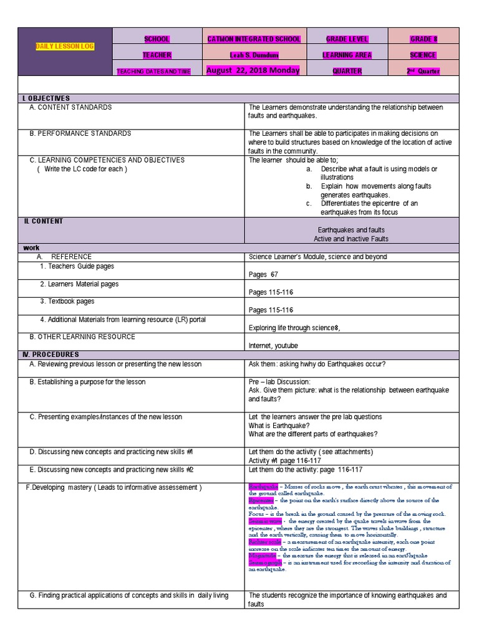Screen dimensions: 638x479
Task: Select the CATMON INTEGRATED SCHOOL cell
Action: pyautogui.click(x=254, y=39)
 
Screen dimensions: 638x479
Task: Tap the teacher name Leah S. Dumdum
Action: pyautogui.click(x=254, y=55)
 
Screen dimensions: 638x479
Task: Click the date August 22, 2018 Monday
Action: pyautogui.click(x=253, y=70)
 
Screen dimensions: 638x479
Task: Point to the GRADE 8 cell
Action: pyautogui.click(x=423, y=39)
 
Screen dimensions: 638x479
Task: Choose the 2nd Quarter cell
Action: pyautogui.click(x=423, y=71)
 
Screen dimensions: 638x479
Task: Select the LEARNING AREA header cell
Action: pyautogui.click(x=347, y=55)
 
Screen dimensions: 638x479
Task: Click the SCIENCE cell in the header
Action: pyautogui.click(x=423, y=55)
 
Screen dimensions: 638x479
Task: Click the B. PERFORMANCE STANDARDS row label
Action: pyautogui.click(x=80, y=133)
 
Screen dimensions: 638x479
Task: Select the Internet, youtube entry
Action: pyautogui.click(x=273, y=345)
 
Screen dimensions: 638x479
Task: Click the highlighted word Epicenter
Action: pyautogui.click(x=261, y=500)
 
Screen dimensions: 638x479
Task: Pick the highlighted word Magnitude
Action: pyautogui.click(x=262, y=555)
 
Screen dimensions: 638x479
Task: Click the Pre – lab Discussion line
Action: pyautogui.click(x=279, y=381)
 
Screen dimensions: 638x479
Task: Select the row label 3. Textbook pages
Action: pyautogui.click(x=67, y=301)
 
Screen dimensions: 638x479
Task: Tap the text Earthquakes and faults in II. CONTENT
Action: pyautogui.click(x=351, y=230)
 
